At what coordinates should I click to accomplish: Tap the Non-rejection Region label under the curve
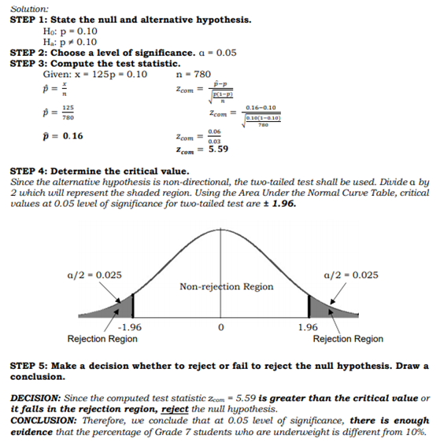(227, 286)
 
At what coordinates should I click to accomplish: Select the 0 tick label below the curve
(221, 326)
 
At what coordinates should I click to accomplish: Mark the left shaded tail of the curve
(122, 307)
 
